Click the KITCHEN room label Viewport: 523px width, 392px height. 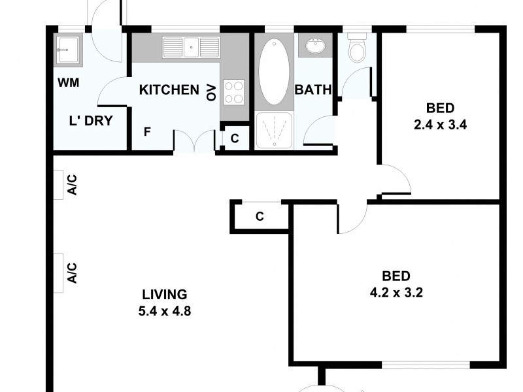169,90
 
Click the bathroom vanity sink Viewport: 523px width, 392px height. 316,47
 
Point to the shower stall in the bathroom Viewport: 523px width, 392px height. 275,130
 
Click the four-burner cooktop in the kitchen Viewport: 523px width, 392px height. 233,91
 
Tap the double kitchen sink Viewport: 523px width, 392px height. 191,46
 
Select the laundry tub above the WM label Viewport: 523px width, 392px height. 67,49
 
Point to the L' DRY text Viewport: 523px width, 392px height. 91,120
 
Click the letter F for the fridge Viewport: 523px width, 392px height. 148,131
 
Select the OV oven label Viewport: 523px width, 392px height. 211,91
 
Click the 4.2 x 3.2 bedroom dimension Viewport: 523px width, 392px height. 396,293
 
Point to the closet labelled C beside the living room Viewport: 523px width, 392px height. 260,217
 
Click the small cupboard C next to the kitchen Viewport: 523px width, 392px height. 235,139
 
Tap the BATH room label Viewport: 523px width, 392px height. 313,90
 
